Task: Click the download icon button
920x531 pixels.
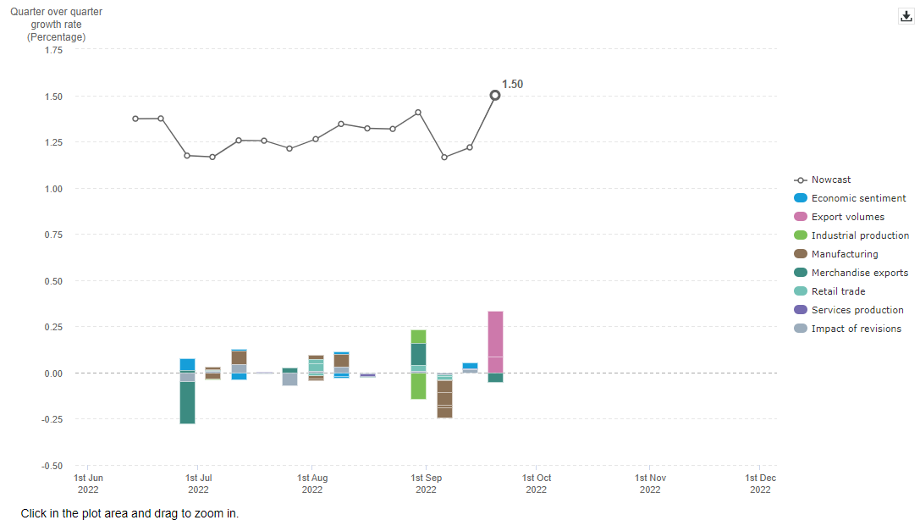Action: coord(906,16)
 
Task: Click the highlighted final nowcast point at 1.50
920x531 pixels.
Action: coord(495,96)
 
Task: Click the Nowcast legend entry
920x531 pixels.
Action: coord(830,180)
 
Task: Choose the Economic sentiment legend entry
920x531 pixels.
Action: coord(858,198)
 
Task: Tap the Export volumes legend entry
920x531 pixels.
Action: coord(847,217)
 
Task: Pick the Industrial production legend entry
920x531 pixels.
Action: coord(860,235)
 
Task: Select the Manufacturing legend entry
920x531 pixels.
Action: coord(844,254)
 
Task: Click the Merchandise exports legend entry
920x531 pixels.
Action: coord(859,273)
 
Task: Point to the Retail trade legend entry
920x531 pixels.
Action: coord(838,291)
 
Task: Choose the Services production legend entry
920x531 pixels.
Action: coord(857,310)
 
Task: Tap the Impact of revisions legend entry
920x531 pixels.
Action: coord(856,329)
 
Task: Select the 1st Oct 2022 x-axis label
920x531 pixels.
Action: coord(536,484)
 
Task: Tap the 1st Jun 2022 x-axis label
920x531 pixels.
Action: coord(89,484)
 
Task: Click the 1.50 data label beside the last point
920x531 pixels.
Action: coord(512,85)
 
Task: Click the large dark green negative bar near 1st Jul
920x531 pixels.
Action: coord(187,402)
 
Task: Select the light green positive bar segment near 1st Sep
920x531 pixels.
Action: coord(418,336)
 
